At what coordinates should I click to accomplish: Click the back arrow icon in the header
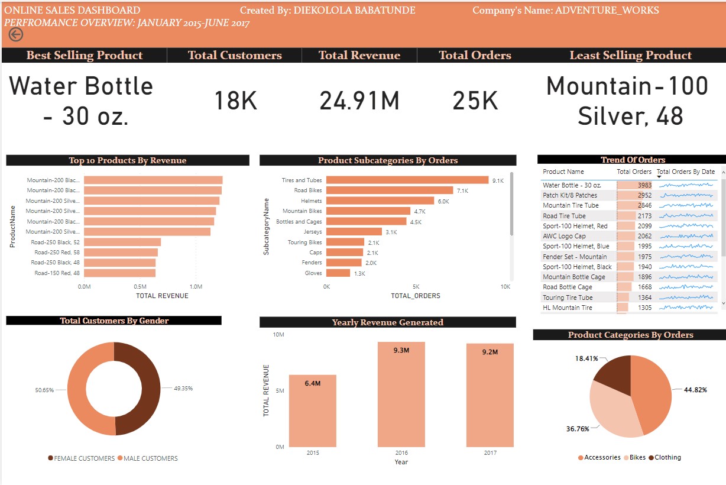tap(15, 35)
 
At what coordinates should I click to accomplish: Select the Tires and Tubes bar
tap(407, 180)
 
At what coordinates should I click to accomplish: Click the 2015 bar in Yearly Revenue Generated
tap(313, 410)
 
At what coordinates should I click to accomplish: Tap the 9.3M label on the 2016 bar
tap(401, 351)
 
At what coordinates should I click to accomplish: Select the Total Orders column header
tap(634, 172)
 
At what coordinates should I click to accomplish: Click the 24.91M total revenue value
tap(359, 101)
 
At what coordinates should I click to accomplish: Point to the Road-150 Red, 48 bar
tap(119, 273)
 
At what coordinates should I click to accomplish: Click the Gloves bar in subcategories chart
tap(338, 273)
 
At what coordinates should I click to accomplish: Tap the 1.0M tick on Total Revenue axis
tap(196, 286)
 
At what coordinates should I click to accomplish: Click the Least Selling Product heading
tap(630, 56)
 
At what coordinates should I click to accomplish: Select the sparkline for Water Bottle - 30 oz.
tap(686, 185)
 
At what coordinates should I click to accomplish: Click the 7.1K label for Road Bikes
tap(462, 190)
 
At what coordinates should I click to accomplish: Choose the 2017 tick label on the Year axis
tap(490, 452)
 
